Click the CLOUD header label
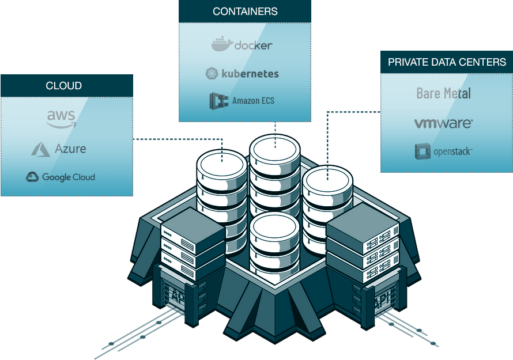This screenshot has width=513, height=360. (x=63, y=86)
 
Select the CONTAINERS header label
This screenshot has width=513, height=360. (x=245, y=12)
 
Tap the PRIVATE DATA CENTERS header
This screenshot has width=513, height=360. (x=447, y=62)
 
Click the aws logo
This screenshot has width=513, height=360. (x=61, y=119)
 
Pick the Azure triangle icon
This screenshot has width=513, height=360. (x=40, y=149)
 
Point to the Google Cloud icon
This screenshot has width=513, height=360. (x=32, y=177)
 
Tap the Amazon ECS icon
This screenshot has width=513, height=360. (x=218, y=101)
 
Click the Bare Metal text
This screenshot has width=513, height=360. (x=443, y=93)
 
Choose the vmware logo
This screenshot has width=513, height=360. (x=443, y=123)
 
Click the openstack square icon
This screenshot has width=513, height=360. (x=423, y=151)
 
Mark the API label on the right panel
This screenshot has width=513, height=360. (x=382, y=301)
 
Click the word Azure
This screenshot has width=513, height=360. (x=70, y=149)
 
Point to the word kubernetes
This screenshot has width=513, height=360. (x=250, y=74)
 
